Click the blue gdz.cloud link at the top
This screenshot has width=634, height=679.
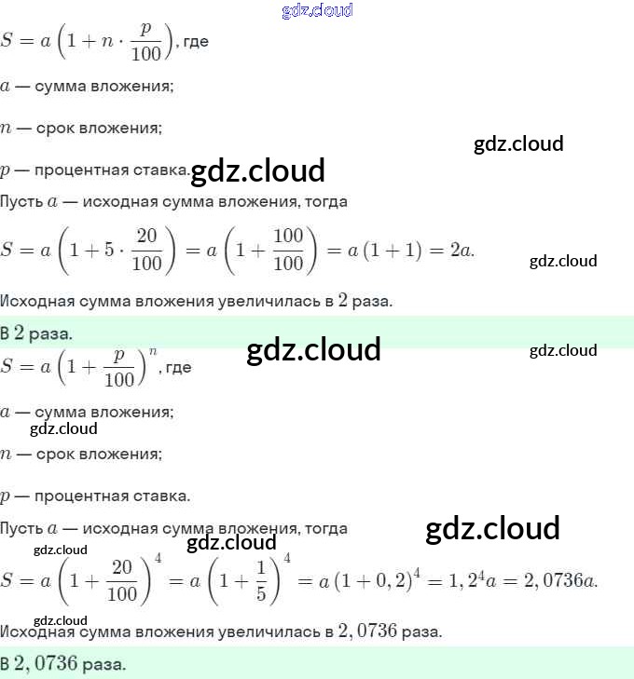(x=317, y=11)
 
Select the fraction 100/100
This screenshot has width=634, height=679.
(x=288, y=250)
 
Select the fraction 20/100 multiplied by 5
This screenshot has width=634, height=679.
(x=147, y=250)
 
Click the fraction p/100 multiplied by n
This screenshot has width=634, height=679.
(x=145, y=41)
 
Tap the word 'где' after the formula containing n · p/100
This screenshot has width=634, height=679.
(x=196, y=43)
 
